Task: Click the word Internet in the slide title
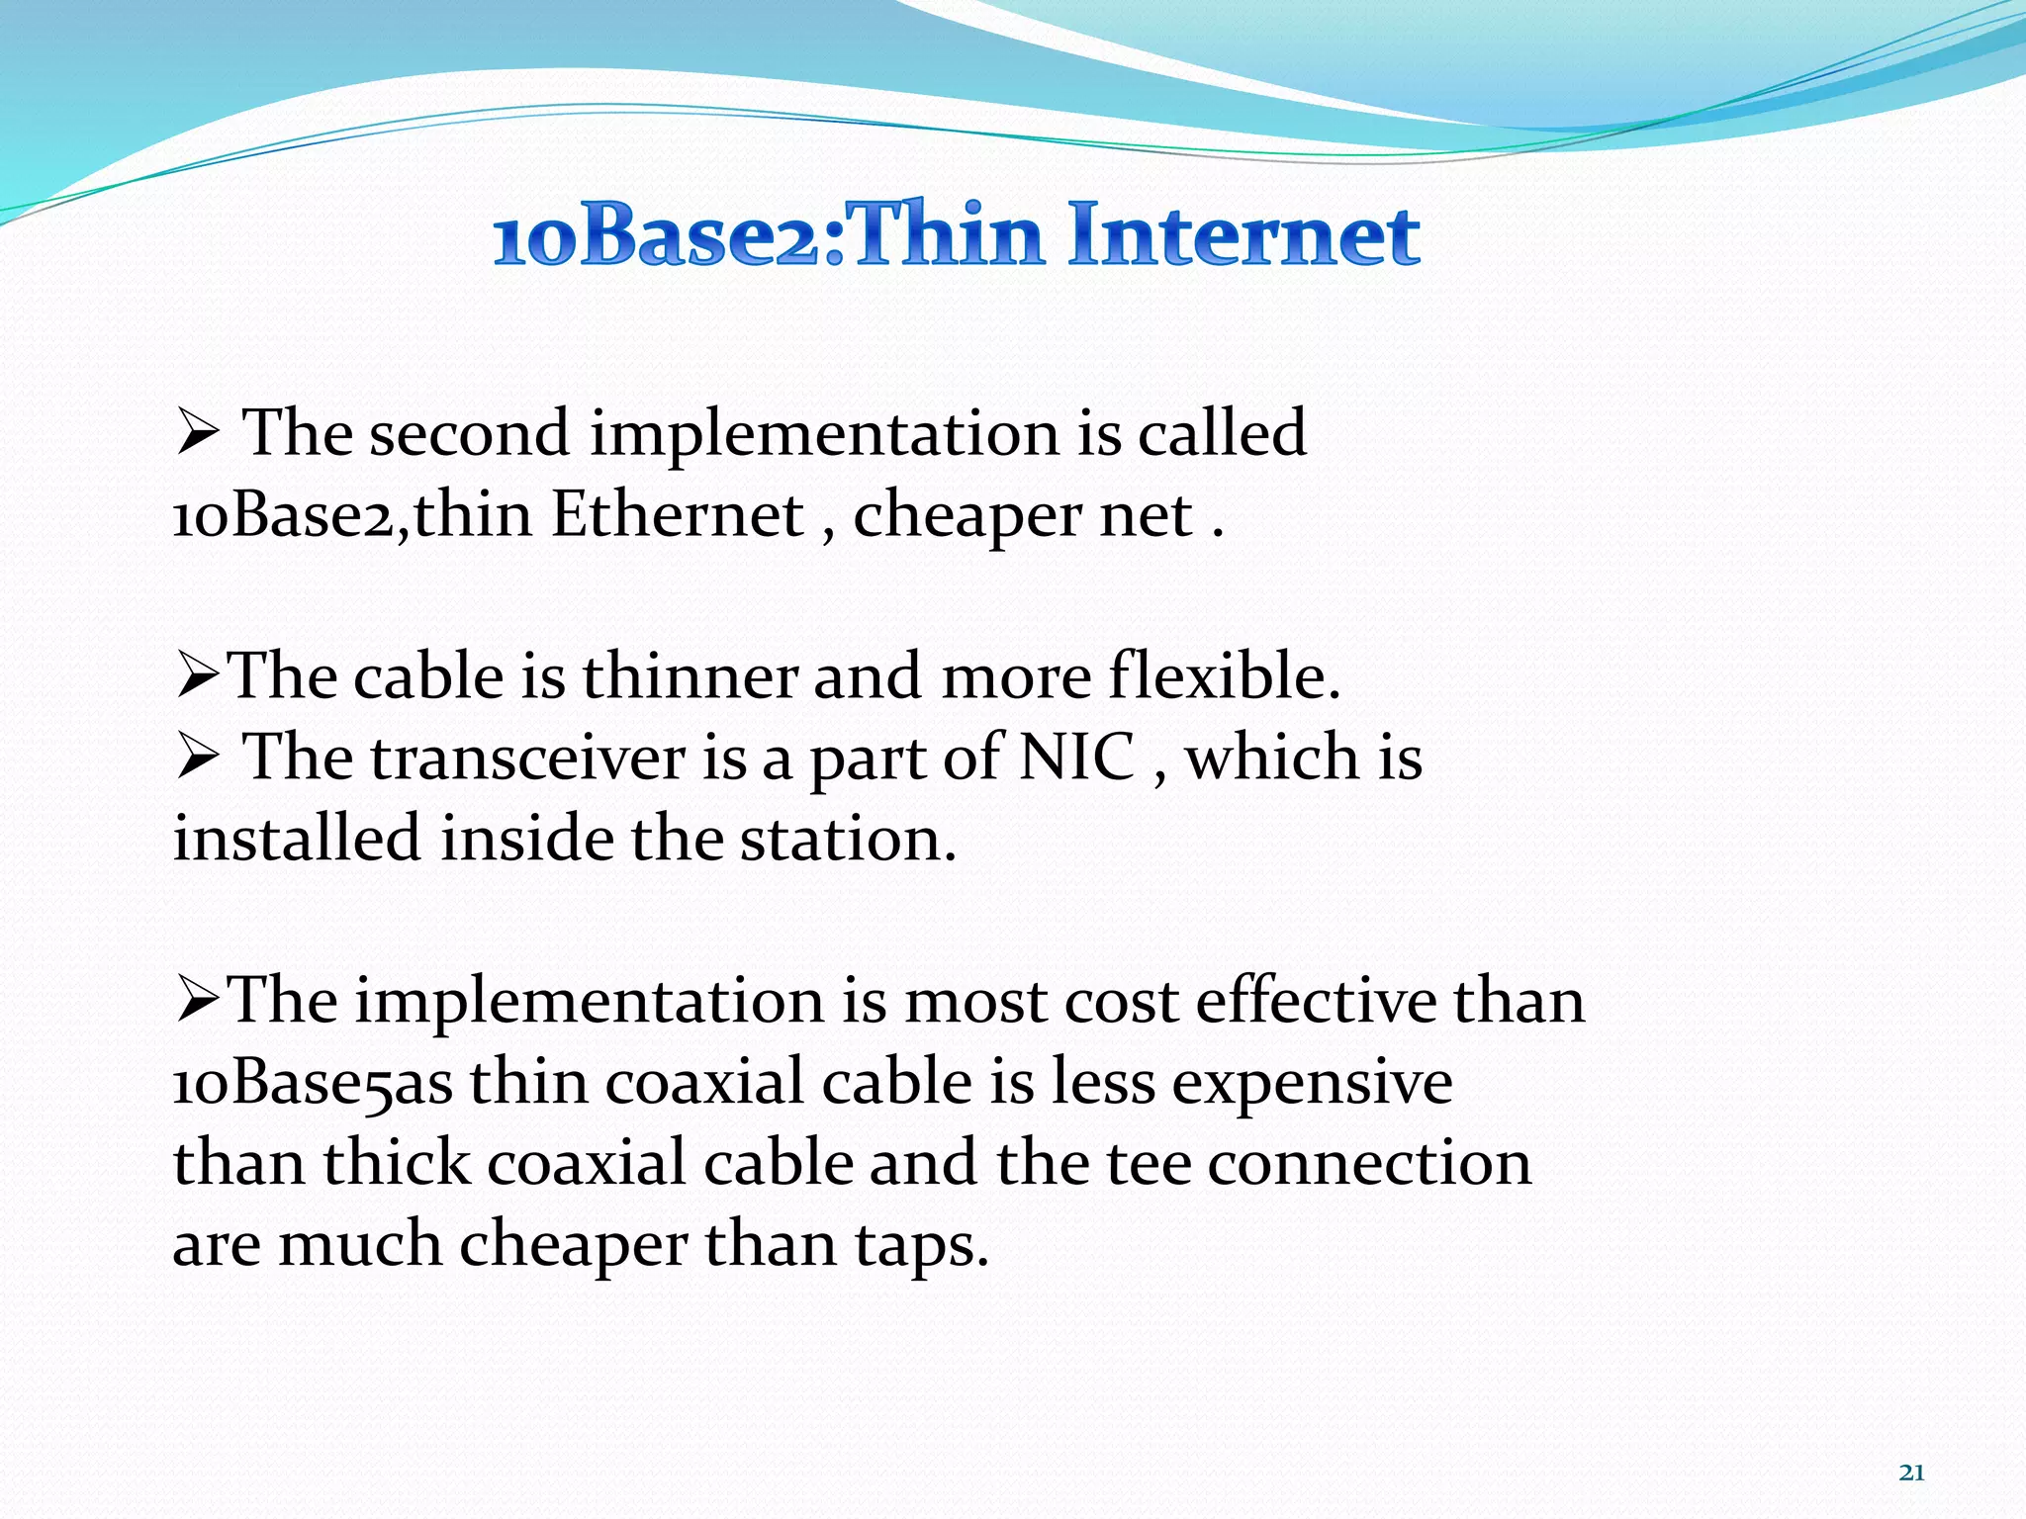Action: click(1243, 234)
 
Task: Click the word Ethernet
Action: click(678, 514)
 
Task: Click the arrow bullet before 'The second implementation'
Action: click(197, 435)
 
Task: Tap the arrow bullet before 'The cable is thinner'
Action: click(197, 678)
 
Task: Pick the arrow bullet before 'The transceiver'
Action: click(197, 759)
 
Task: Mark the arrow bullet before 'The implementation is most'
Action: click(197, 1001)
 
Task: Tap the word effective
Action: click(1316, 1001)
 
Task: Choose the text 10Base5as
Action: click(313, 1084)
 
